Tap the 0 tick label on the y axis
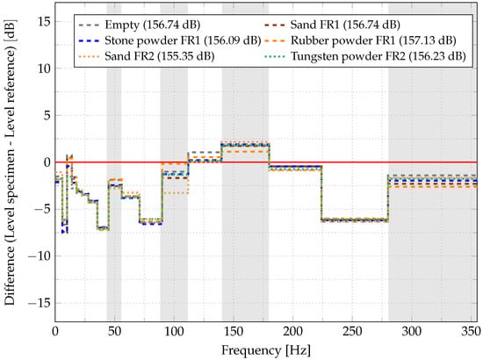[45, 162]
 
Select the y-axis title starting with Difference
[11, 162]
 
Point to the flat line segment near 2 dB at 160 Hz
[245, 144]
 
